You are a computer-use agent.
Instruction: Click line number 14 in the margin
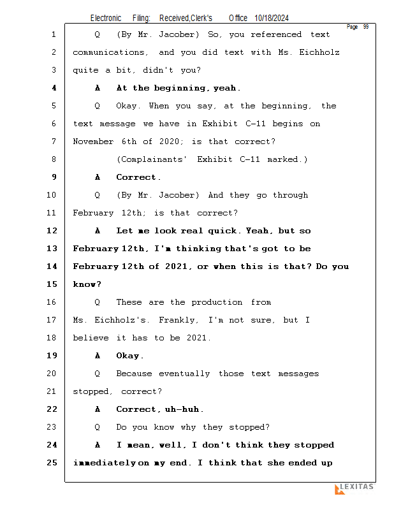[52, 266]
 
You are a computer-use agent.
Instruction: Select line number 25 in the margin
[52, 463]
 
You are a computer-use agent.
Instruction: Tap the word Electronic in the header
[106, 18]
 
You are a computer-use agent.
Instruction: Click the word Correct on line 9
[138, 177]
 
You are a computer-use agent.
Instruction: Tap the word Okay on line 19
[130, 356]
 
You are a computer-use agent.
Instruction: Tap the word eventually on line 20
[184, 374]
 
